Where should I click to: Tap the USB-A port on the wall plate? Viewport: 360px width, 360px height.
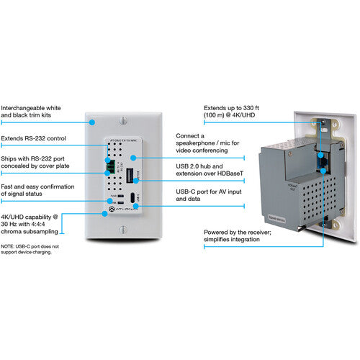tap(130, 176)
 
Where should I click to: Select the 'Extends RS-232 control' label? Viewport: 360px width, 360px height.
tap(32, 137)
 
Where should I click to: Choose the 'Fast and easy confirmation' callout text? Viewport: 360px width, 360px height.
tap(33, 190)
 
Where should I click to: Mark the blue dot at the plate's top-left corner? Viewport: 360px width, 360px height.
tap(91, 122)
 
